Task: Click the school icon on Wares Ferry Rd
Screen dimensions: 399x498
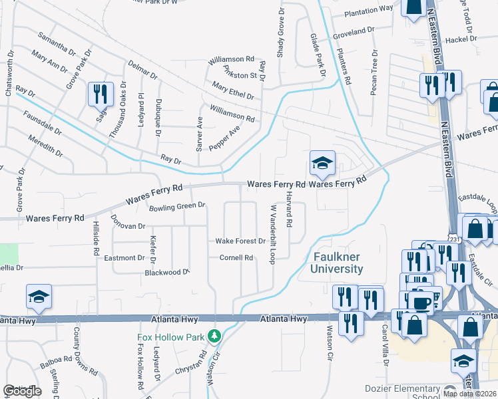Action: (322, 163)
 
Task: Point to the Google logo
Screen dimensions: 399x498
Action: (22, 391)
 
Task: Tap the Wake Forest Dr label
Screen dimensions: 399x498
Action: (240, 241)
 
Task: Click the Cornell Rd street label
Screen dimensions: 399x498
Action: (237, 257)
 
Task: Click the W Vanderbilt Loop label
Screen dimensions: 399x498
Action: (272, 234)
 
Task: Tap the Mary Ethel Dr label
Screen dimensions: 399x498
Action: (232, 90)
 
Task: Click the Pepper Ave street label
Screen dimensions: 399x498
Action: (224, 137)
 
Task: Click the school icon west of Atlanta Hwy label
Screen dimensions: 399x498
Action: (39, 297)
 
